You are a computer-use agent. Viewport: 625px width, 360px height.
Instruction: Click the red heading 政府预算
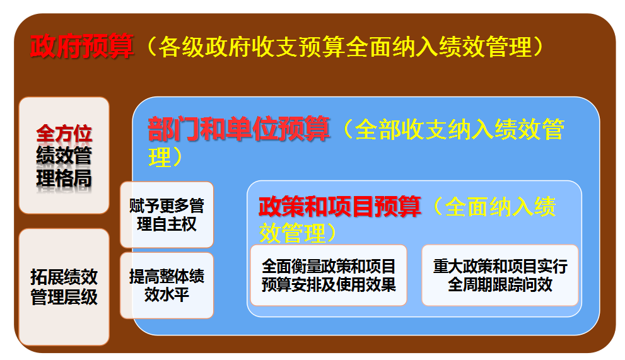82,46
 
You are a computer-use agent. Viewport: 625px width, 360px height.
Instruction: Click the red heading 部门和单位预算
239,129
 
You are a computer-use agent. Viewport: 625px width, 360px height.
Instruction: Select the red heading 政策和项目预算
339,207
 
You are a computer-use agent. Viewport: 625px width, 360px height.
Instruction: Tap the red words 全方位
64,134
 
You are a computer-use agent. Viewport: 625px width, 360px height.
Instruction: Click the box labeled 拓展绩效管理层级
64,287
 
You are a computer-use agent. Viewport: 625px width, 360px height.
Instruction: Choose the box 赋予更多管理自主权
167,214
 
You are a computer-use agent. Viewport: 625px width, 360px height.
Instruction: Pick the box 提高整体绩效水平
167,286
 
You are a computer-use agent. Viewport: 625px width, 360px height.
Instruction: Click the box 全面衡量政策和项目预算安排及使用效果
329,275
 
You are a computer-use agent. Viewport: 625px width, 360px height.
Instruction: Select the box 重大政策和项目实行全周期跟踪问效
500,275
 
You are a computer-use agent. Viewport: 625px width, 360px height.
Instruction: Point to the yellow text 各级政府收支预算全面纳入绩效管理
345,47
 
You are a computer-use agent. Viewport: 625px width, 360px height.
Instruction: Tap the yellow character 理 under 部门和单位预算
160,157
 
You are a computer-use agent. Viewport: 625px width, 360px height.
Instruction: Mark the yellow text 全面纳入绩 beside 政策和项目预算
500,207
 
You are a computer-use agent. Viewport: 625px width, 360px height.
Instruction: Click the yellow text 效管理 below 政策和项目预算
293,233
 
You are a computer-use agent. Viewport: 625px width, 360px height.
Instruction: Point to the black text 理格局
64,178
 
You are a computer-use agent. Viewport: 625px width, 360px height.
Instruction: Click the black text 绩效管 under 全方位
64,156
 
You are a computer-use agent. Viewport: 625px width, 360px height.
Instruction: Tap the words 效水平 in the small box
166,294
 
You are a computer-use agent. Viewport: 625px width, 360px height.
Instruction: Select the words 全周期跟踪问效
500,284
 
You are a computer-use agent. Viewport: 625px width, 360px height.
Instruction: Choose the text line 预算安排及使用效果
329,284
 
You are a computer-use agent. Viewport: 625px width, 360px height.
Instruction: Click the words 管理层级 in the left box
64,297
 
